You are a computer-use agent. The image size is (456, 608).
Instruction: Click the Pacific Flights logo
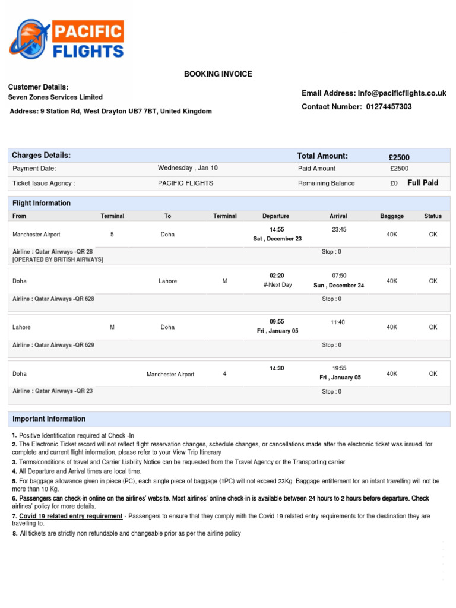tap(66, 39)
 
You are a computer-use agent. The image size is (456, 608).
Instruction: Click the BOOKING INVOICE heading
tap(218, 74)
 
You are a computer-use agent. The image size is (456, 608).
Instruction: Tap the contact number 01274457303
tap(389, 107)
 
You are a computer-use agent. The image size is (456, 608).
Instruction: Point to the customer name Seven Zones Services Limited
tap(55, 97)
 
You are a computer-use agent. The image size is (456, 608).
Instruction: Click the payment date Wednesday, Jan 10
tap(188, 168)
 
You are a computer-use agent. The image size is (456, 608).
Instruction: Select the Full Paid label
tap(423, 183)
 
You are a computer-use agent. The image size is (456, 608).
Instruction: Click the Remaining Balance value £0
tap(394, 183)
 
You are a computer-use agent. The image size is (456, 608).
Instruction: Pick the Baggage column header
tap(392, 216)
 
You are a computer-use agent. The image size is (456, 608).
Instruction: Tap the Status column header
tap(433, 216)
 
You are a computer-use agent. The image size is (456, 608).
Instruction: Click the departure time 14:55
tap(277, 229)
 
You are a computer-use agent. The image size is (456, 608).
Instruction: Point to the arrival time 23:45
tap(339, 229)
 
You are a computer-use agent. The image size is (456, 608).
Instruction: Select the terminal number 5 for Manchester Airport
tap(112, 235)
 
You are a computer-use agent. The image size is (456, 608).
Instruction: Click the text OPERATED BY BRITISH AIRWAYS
tap(58, 260)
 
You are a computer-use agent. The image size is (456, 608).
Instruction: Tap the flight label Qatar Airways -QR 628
tap(53, 299)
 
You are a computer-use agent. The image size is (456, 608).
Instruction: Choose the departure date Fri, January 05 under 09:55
tap(277, 331)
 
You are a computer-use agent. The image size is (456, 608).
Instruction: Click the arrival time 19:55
tap(339, 368)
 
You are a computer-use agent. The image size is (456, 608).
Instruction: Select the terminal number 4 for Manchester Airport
tap(224, 374)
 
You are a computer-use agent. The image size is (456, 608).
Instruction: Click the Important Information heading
tap(49, 419)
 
